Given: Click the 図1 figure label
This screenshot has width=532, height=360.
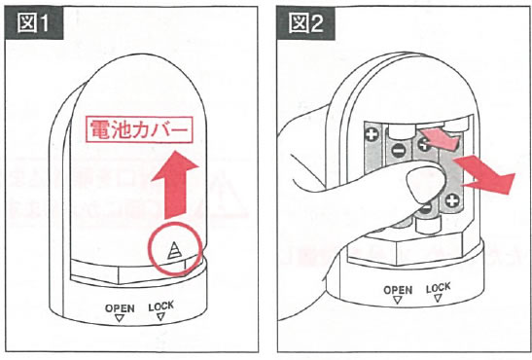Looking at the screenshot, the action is click(34, 23).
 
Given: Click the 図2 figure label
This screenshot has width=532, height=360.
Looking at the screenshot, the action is click(306, 23).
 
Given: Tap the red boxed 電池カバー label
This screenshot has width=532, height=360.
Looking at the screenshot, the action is click(139, 129).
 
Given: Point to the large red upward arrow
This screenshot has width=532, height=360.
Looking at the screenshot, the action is click(175, 185).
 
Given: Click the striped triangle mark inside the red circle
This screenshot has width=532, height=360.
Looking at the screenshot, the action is click(174, 251).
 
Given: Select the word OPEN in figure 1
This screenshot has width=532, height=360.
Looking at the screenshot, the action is click(120, 308).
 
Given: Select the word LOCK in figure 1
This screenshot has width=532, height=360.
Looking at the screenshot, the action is click(160, 306).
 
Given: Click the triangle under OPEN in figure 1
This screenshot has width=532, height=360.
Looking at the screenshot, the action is click(119, 318).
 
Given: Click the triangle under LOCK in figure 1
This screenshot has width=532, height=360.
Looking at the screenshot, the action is click(160, 317).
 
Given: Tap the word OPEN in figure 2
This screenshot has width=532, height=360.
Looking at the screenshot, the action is click(398, 290).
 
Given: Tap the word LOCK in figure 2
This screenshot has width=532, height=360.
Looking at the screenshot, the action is click(439, 288).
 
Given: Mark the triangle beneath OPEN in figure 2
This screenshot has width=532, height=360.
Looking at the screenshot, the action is click(398, 300).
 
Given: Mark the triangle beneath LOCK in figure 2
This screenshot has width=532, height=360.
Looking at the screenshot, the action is click(438, 299).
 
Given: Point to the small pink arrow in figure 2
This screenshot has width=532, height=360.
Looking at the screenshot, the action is click(440, 138).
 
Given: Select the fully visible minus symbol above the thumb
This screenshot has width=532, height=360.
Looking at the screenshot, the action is click(397, 150).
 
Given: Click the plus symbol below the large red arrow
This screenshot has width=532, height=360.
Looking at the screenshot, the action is click(452, 200).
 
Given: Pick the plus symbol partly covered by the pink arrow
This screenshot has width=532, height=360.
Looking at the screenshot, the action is click(424, 145).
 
